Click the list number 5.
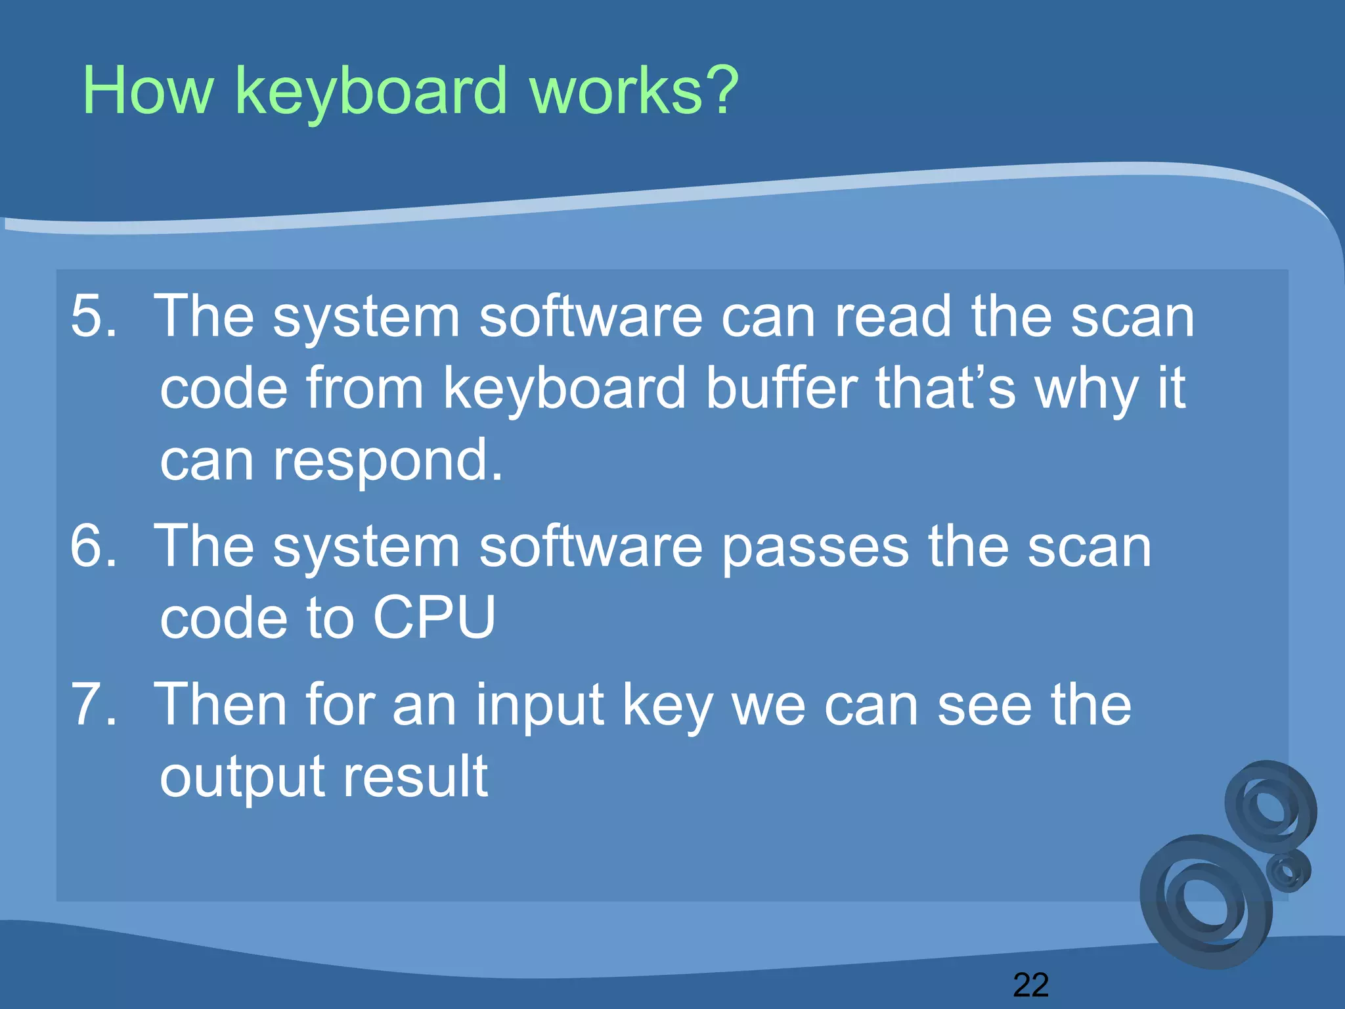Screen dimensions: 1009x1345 coord(93,317)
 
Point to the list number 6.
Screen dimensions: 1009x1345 coord(93,546)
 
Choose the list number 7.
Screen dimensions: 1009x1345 coord(93,705)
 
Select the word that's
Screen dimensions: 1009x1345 coord(946,388)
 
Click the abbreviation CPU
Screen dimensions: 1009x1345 coord(434,617)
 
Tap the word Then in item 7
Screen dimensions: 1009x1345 coord(220,705)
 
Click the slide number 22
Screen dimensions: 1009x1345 coord(1030,985)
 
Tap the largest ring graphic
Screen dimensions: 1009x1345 coord(1205,902)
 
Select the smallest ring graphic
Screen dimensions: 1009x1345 coord(1288,871)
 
